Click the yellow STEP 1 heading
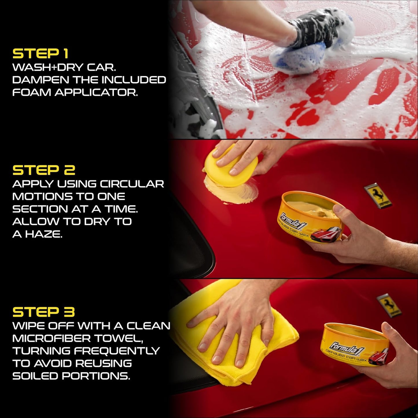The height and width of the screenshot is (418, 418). click(x=40, y=54)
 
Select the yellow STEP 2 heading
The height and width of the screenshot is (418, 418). click(x=44, y=170)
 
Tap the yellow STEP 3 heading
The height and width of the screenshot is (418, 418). click(x=44, y=312)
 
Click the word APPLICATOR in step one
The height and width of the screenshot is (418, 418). click(x=96, y=93)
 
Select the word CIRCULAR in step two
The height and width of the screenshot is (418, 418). click(x=132, y=184)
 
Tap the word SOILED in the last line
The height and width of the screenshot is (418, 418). click(x=35, y=376)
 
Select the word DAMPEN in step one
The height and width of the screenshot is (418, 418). click(x=40, y=80)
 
